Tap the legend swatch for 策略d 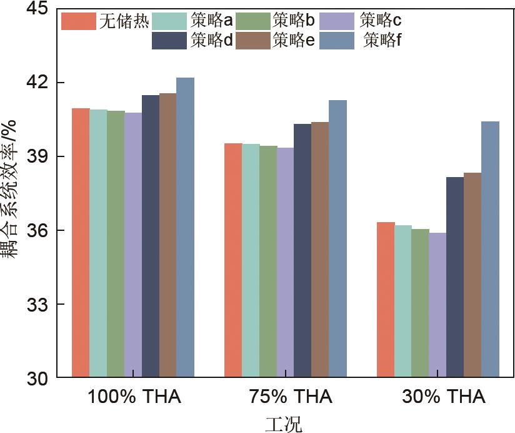tap(169, 41)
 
